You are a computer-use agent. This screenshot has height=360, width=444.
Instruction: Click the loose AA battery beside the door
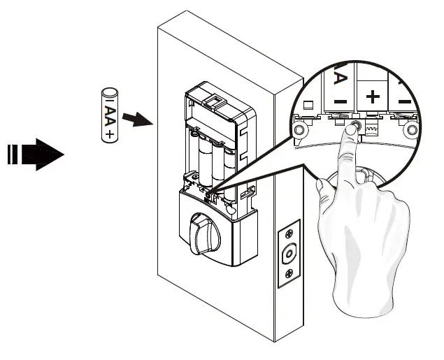point(110,115)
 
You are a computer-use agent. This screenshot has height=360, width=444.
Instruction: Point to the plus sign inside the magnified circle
point(373,97)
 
